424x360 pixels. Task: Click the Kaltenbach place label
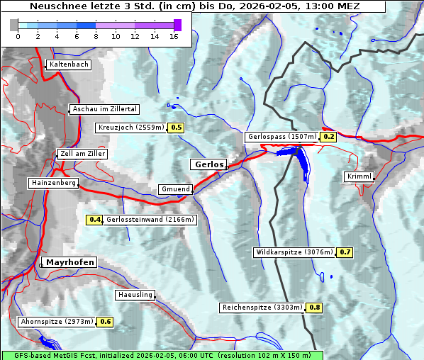pyautogui.click(x=69, y=64)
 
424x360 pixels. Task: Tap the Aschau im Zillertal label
pyautogui.click(x=105, y=109)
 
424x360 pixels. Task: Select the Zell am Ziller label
pyautogui.click(x=83, y=154)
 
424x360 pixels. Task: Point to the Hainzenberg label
pyautogui.click(x=53, y=183)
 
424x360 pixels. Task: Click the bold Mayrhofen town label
pyautogui.click(x=70, y=262)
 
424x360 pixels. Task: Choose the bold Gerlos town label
pyautogui.click(x=208, y=164)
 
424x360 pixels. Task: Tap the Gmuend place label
pyautogui.click(x=175, y=189)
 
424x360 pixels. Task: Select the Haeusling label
pyautogui.click(x=135, y=294)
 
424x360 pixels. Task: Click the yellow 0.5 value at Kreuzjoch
pyautogui.click(x=176, y=128)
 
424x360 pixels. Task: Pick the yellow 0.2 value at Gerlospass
pyautogui.click(x=328, y=137)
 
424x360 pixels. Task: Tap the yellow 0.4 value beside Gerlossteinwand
pyautogui.click(x=94, y=220)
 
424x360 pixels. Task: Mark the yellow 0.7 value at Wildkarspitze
pyautogui.click(x=345, y=252)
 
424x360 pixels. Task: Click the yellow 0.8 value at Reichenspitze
pyautogui.click(x=315, y=308)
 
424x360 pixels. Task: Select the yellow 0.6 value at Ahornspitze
pyautogui.click(x=105, y=322)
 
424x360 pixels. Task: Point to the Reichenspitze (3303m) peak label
pyautogui.click(x=262, y=308)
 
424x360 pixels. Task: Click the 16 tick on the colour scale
pyautogui.click(x=174, y=36)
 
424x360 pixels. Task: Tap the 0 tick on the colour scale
pyautogui.click(x=18, y=36)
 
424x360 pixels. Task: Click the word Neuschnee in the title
pyautogui.click(x=54, y=6)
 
